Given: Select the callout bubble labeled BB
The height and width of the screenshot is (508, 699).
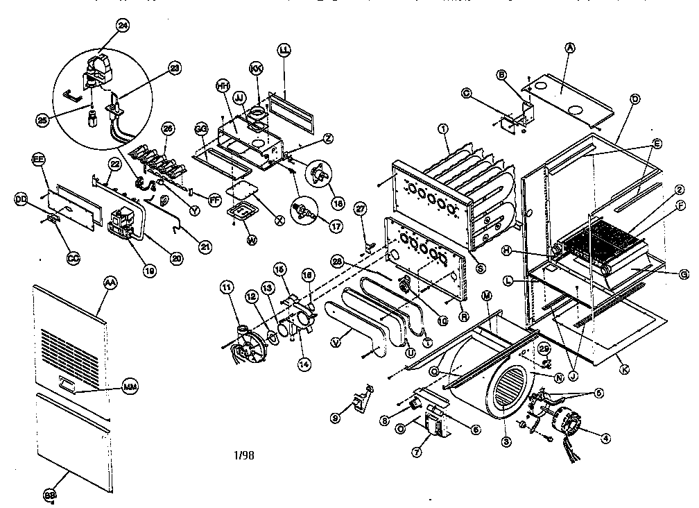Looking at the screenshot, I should pyautogui.click(x=49, y=495).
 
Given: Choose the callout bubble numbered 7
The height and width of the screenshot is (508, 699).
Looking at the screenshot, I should pyautogui.click(x=416, y=452).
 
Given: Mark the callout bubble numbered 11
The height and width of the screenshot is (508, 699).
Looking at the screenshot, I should pyautogui.click(x=226, y=286).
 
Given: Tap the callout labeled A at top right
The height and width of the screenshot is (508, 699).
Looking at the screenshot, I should pyautogui.click(x=570, y=47).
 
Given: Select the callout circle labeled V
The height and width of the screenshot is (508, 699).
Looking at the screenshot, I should pyautogui.click(x=336, y=341).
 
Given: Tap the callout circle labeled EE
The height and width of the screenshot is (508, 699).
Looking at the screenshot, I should pyautogui.click(x=39, y=160).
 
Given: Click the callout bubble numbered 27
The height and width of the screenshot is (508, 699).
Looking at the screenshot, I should pyautogui.click(x=359, y=208).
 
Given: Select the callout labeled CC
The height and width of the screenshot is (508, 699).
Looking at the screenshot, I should pyautogui.click(x=73, y=259).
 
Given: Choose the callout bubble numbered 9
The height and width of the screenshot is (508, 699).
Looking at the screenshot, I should pyautogui.click(x=336, y=418).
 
